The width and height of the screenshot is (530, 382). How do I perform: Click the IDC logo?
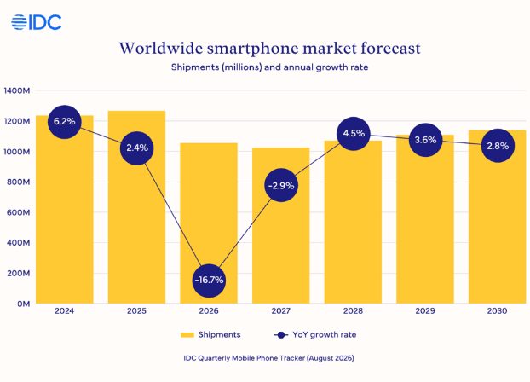36,22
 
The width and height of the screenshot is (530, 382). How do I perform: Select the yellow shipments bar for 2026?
209,223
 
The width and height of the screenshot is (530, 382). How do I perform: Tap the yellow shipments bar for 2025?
136,207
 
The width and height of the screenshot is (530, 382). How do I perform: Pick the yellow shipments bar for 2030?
498,217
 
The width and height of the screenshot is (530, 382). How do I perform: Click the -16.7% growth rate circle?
209,281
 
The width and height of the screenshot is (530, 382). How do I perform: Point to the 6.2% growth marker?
65,121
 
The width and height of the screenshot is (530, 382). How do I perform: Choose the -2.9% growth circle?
281,185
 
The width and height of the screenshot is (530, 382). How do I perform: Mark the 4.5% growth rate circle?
354,134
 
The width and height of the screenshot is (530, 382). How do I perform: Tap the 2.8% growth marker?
498,146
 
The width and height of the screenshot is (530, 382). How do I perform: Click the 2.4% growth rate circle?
137,148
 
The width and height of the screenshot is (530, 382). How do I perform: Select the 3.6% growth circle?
425,140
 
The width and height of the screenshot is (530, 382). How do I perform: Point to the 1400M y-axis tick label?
17,90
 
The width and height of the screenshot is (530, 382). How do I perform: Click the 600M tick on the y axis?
19,212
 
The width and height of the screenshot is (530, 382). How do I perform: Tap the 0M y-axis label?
24,304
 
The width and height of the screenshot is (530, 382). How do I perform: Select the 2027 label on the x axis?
281,310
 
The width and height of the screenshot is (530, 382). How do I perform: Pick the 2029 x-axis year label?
425,310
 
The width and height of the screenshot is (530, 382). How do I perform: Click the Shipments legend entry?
210,334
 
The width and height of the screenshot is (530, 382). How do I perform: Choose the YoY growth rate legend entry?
315,334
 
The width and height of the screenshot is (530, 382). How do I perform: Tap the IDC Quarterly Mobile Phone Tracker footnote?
268,358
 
